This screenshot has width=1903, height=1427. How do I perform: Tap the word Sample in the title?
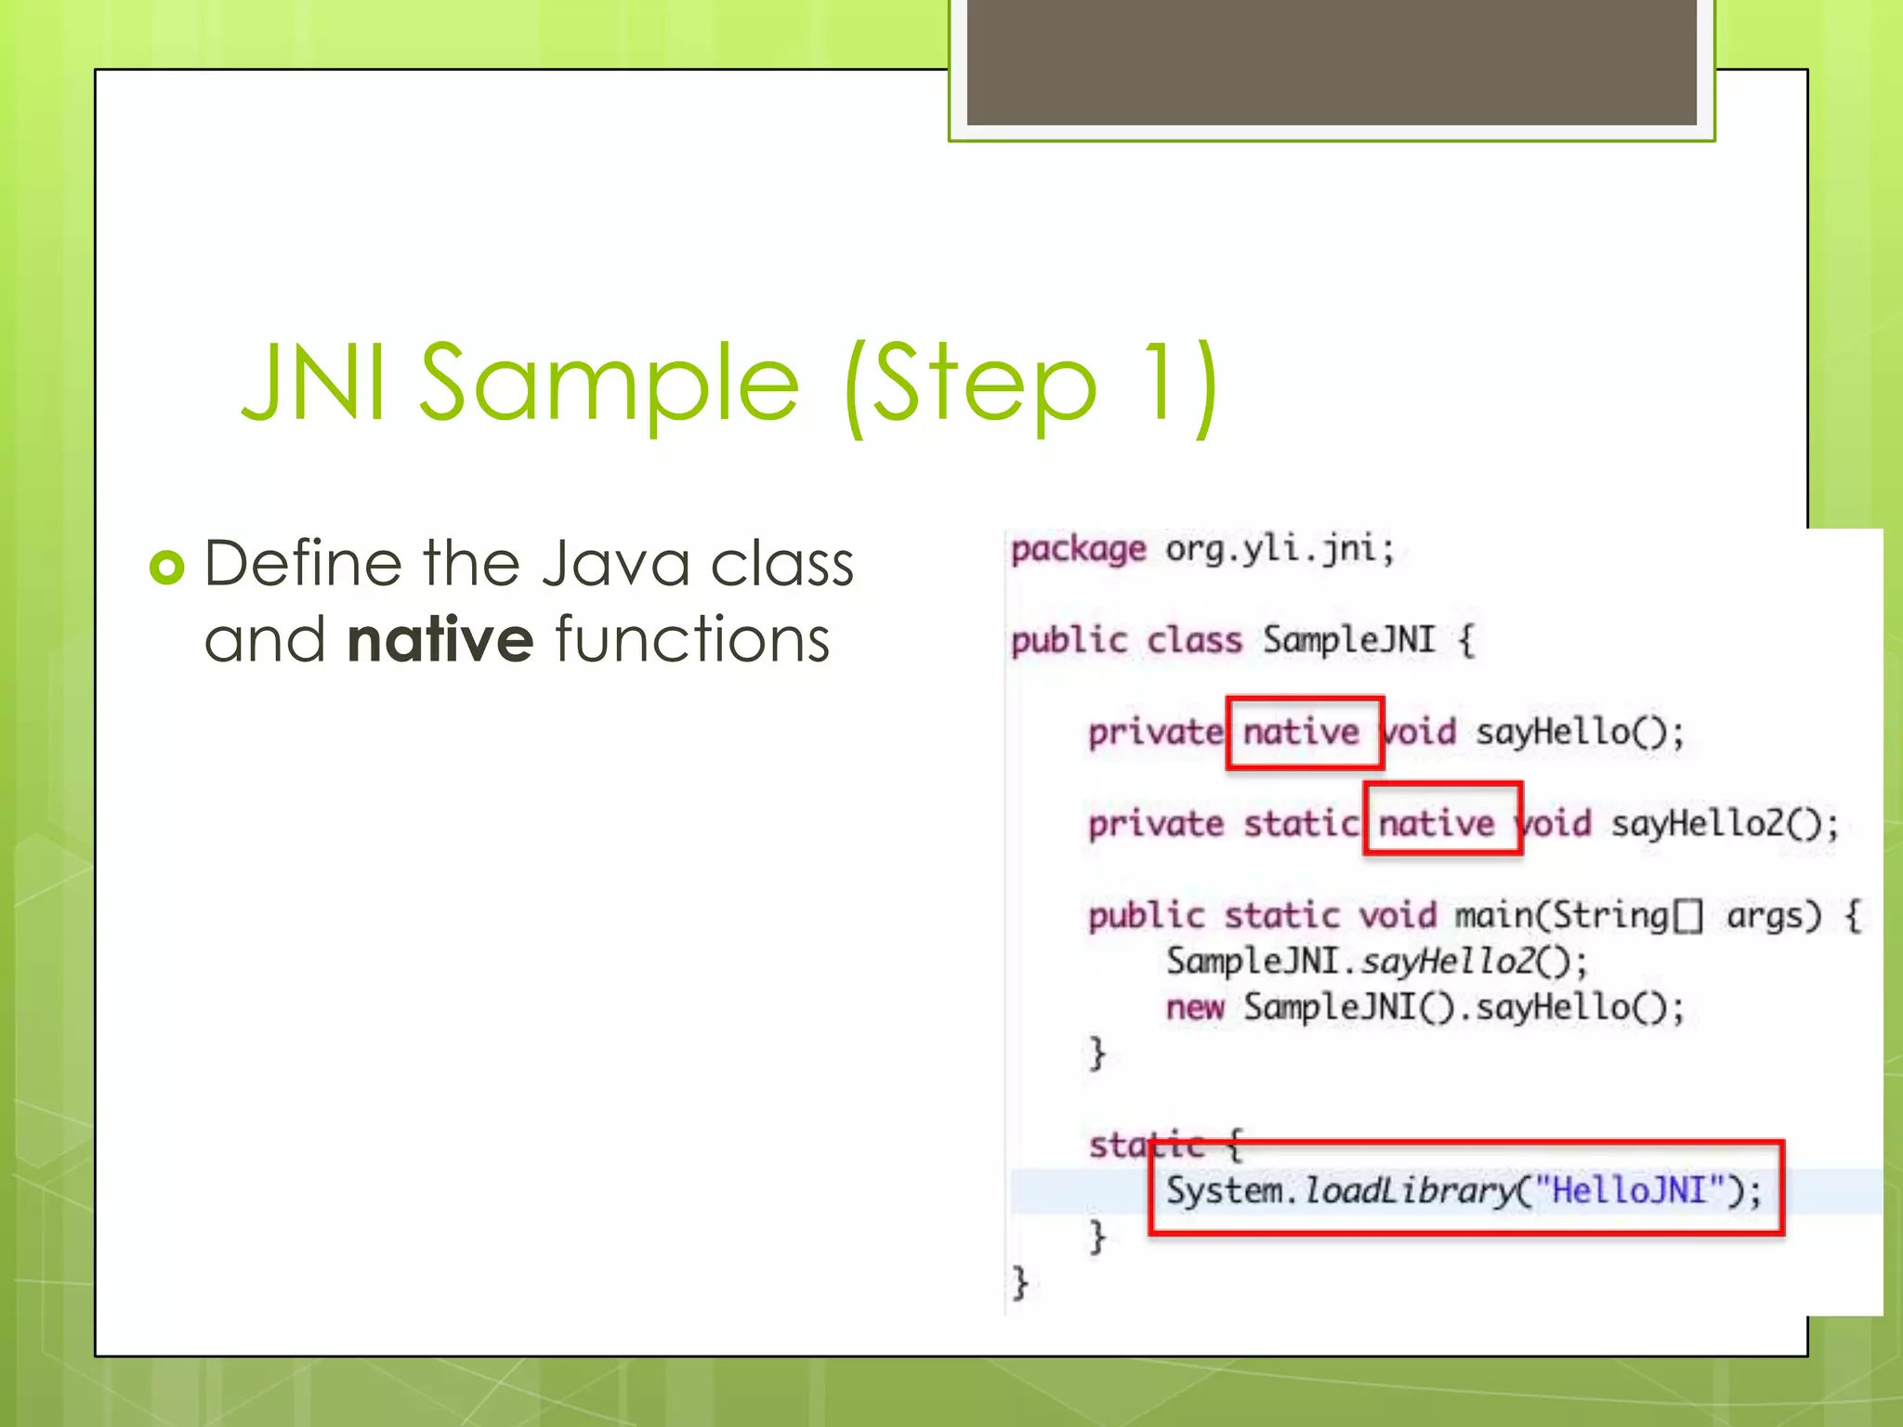tap(610, 384)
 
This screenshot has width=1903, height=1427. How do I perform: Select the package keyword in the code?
tap(1078, 549)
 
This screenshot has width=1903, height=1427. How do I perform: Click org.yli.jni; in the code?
tap(1280, 549)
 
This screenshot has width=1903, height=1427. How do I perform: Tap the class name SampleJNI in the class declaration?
tap(1349, 639)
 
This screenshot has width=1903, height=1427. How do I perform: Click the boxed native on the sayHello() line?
tap(1302, 732)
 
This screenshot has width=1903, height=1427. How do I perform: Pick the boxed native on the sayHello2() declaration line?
tap(1437, 823)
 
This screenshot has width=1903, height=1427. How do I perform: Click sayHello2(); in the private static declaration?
tap(1725, 823)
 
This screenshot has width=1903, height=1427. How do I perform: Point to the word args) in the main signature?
tap(1774, 916)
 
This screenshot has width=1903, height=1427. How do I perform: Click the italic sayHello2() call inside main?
tap(1459, 962)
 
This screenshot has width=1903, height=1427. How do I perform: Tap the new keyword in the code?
tap(1195, 1007)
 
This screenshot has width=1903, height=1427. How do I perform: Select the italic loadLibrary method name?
tap(1409, 1190)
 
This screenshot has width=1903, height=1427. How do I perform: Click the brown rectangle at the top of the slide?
tap(1332, 61)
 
